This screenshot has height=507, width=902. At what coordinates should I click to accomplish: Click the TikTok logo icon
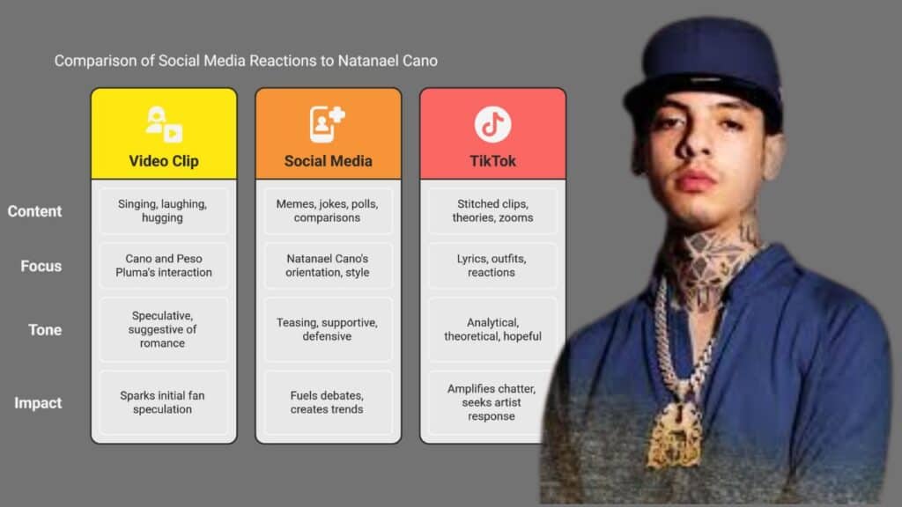[x=492, y=124]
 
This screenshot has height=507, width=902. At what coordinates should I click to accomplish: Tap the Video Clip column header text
[x=164, y=161]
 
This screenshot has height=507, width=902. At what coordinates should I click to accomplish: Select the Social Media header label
[x=328, y=161]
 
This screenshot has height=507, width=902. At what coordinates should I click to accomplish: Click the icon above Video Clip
[x=164, y=123]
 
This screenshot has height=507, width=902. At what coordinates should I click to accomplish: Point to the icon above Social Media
[x=328, y=123]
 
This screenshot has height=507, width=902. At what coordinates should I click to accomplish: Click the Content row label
[x=34, y=211]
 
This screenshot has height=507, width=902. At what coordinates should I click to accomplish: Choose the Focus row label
[x=41, y=266]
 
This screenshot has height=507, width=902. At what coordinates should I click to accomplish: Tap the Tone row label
[x=45, y=330]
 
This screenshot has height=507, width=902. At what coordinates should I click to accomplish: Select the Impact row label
[x=38, y=403]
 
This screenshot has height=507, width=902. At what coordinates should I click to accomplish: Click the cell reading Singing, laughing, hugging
[x=163, y=211]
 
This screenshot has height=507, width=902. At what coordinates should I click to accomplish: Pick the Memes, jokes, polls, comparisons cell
[x=328, y=211]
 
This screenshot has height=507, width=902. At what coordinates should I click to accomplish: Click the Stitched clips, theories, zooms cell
[x=492, y=211]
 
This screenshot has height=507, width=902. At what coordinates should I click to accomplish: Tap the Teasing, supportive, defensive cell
[x=328, y=329]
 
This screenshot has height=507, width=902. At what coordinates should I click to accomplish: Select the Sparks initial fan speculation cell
[x=163, y=402]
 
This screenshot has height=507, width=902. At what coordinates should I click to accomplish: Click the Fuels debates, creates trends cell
[x=328, y=402]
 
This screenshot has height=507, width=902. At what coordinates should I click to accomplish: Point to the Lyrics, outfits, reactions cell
[x=492, y=266]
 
